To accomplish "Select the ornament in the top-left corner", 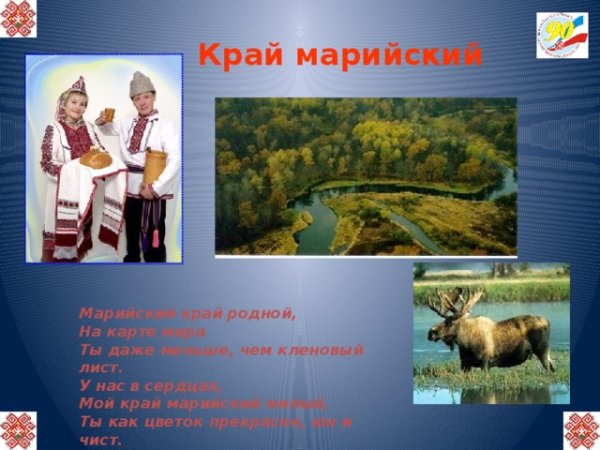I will (18, 18).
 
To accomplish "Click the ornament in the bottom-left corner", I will (18, 430).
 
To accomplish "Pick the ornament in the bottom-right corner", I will (581, 430).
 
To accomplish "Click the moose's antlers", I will (455, 299).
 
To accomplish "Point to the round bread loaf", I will (96, 157).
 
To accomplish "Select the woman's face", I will (74, 104).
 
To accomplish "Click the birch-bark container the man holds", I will (154, 166).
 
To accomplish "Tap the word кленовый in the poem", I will (319, 349).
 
